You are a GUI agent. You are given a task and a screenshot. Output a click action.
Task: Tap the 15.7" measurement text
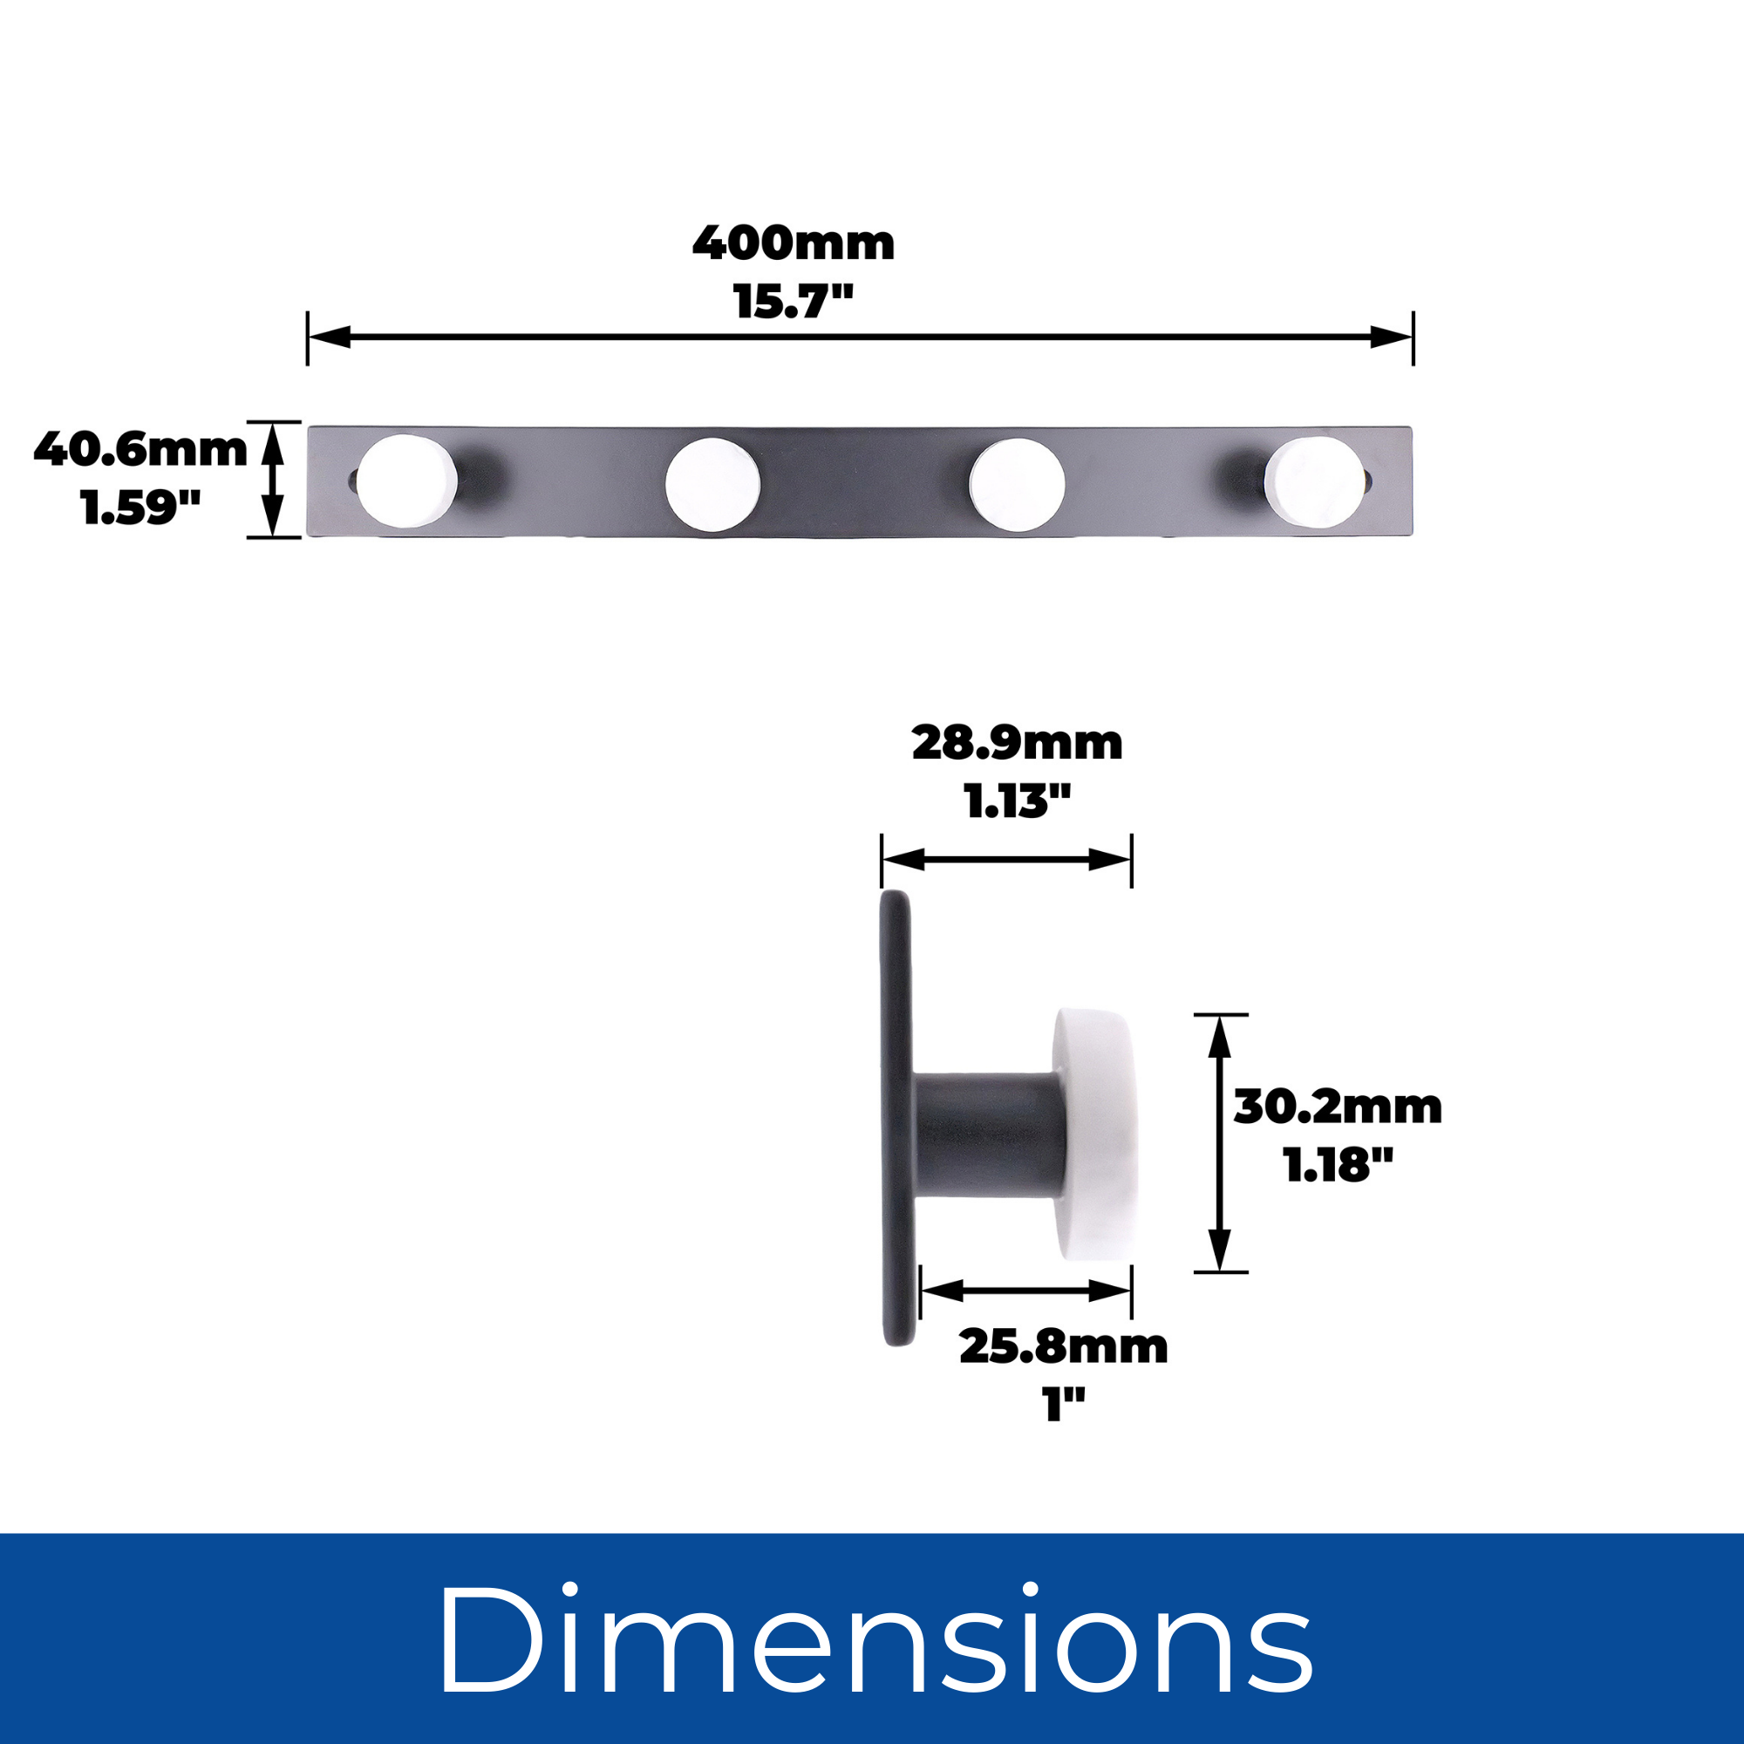pyautogui.click(x=794, y=302)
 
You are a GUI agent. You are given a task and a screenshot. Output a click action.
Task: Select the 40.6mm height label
pyautogui.click(x=140, y=450)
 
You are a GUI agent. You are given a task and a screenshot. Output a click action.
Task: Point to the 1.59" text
pyautogui.click(x=140, y=508)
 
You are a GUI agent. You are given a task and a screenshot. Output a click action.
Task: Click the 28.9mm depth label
pyautogui.click(x=1018, y=743)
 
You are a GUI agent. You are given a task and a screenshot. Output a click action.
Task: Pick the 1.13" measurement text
pyautogui.click(x=1018, y=801)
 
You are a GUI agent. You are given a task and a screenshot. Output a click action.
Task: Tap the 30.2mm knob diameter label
pyautogui.click(x=1338, y=1107)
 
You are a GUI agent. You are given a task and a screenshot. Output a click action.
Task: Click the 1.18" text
pyautogui.click(x=1338, y=1165)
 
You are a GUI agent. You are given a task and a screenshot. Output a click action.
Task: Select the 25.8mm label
pyautogui.click(x=1063, y=1348)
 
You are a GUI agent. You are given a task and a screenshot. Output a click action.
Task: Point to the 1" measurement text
pyautogui.click(x=1063, y=1406)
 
